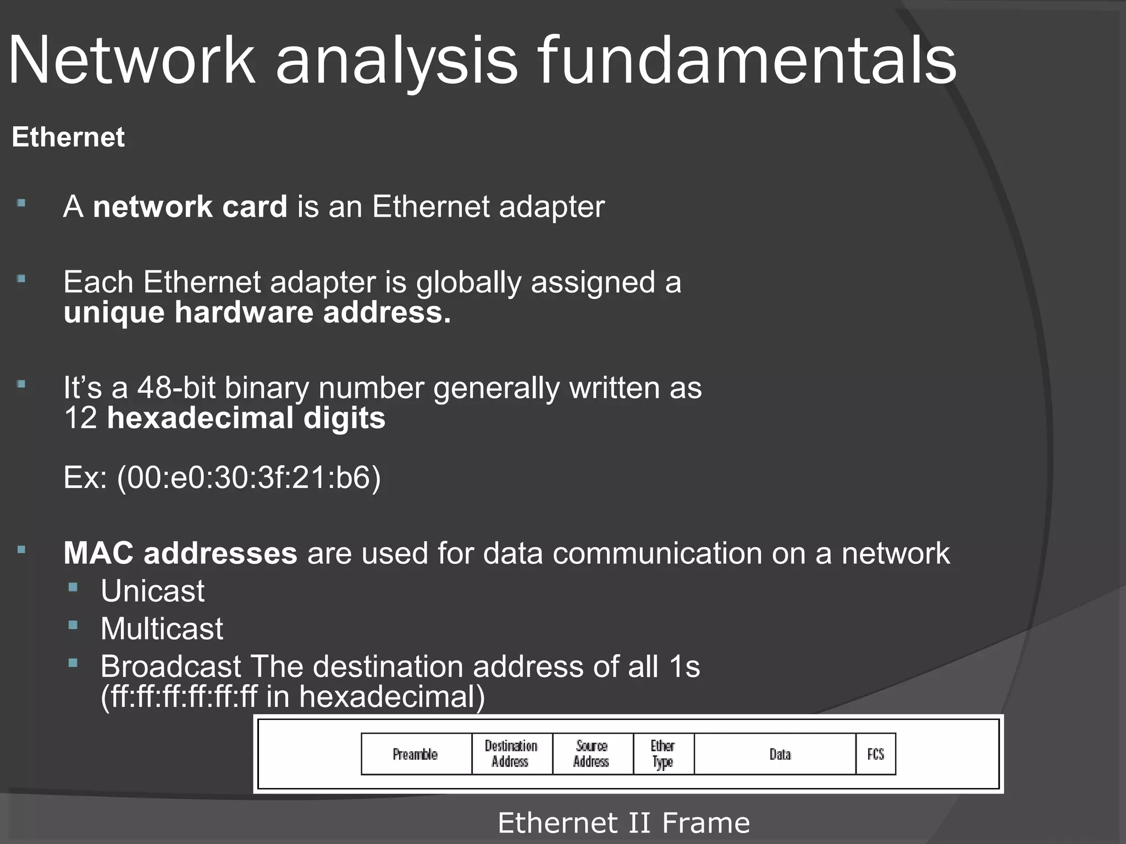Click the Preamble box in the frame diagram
pyautogui.click(x=416, y=754)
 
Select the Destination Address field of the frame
pyautogui.click(x=511, y=754)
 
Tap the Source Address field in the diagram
pyautogui.click(x=592, y=754)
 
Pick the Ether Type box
pyautogui.click(x=663, y=754)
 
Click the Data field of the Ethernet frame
pyautogui.click(x=780, y=754)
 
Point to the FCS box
pyautogui.click(x=875, y=754)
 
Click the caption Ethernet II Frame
pyautogui.click(x=623, y=823)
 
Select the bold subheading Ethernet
pyautogui.click(x=68, y=137)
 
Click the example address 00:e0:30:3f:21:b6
pyautogui.click(x=249, y=477)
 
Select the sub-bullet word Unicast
pyautogui.click(x=152, y=591)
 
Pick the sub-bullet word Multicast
pyautogui.click(x=162, y=629)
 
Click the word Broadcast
pyautogui.click(x=171, y=667)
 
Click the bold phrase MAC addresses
pyautogui.click(x=180, y=553)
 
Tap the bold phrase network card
pyautogui.click(x=190, y=207)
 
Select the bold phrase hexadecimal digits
pyautogui.click(x=246, y=418)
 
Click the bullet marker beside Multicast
pyautogui.click(x=73, y=625)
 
